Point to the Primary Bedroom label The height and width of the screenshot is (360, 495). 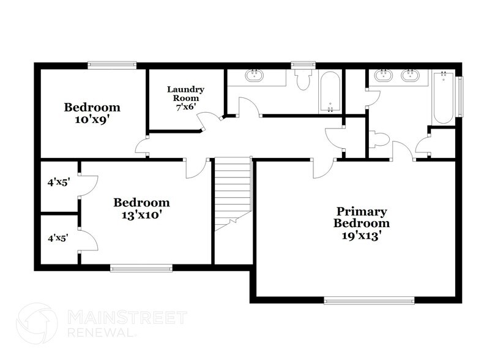click(361, 217)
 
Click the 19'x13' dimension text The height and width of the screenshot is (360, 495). click(361, 234)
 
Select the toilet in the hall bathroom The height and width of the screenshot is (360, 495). click(302, 79)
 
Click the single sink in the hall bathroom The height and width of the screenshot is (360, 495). click(254, 77)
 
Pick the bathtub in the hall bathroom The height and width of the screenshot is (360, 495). click(329, 92)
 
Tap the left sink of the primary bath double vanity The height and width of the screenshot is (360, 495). click(384, 77)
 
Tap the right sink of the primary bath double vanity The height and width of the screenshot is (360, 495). click(409, 77)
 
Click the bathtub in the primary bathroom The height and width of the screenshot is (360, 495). click(443, 97)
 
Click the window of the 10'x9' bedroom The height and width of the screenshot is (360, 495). click(111, 64)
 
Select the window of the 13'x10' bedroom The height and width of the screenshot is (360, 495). click(141, 266)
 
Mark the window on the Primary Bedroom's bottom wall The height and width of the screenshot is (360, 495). click(369, 300)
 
